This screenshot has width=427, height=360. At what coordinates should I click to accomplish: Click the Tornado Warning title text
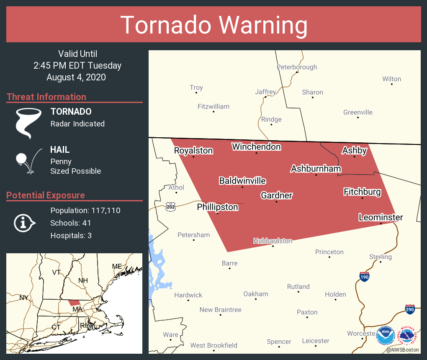[x=213, y=25]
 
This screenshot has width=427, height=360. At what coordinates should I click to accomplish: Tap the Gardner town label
[x=276, y=195]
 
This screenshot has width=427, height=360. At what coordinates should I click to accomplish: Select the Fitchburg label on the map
[x=362, y=192]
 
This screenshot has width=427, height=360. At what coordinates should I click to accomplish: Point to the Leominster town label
[x=381, y=217]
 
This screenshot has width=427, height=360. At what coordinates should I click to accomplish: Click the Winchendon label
[x=256, y=147]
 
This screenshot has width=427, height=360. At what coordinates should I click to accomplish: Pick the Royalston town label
[x=193, y=151]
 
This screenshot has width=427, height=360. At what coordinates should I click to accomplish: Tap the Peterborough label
[x=297, y=67]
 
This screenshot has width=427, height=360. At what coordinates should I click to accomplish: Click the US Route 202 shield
[x=170, y=207]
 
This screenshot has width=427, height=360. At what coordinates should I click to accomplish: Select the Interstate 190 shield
[x=364, y=277]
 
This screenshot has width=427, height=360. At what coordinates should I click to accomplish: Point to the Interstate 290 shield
[x=410, y=309]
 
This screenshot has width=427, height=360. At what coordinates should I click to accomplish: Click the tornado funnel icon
[x=28, y=123]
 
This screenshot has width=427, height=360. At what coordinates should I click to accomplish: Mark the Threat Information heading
[x=46, y=97]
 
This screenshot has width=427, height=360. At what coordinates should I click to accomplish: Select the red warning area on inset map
[x=74, y=302]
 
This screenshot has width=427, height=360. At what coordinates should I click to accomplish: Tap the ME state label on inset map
[x=117, y=266]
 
